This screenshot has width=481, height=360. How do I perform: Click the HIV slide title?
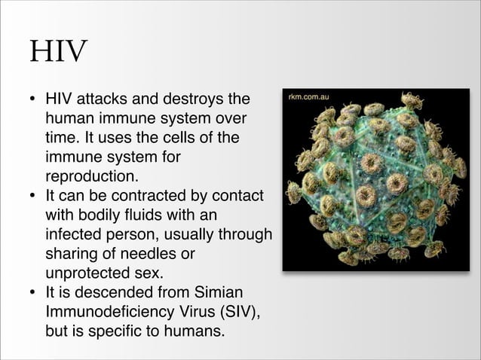pos(58,52)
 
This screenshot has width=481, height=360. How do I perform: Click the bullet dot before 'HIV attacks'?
pos(33,99)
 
